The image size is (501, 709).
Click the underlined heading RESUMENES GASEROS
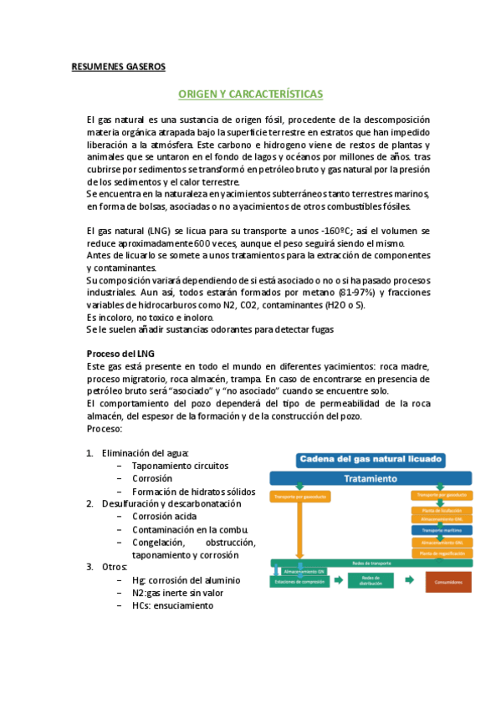click(x=119, y=66)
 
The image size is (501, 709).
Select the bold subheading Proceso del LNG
click(x=120, y=354)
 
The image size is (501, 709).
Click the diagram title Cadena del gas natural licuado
click(x=371, y=460)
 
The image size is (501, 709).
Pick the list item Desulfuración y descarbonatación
click(x=171, y=503)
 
